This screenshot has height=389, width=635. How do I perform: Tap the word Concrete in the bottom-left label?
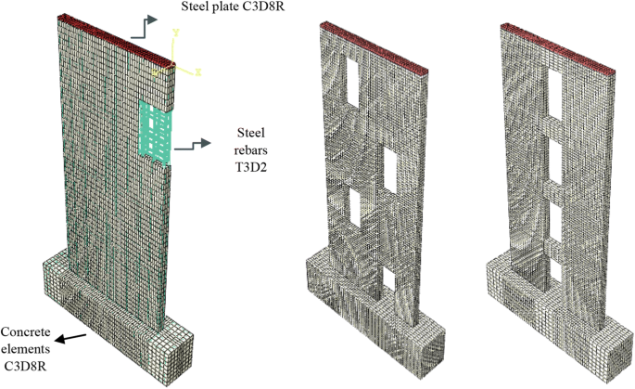[x=26, y=332]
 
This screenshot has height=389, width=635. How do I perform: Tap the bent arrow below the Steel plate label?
[x=142, y=26]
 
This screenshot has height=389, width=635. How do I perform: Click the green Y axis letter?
[x=175, y=34]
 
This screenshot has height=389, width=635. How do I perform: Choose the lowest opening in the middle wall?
[x=389, y=280]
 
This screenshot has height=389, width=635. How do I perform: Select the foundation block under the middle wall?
[x=371, y=316]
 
